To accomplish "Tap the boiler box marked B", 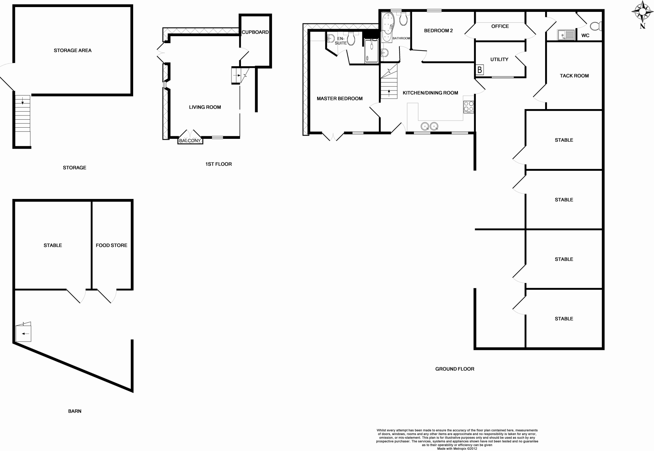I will pos(479,70).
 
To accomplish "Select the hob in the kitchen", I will pos(468,106).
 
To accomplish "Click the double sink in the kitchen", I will pos(429,126).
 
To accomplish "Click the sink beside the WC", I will pos(566,35).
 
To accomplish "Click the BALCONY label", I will pos(190,140).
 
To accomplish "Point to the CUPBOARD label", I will pos(255,32).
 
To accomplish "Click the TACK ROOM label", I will pos(574,76).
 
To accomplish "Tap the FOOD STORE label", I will pos(111,245).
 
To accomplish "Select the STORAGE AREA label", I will pos(72,51).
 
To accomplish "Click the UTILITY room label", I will pos(499,59).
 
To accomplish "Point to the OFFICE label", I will pos(500,27).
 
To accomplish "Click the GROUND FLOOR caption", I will pos(454,369).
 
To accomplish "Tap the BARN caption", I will pos(75,411).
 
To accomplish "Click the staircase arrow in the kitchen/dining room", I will pos(389,92).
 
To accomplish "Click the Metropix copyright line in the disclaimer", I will pos(457,448).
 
